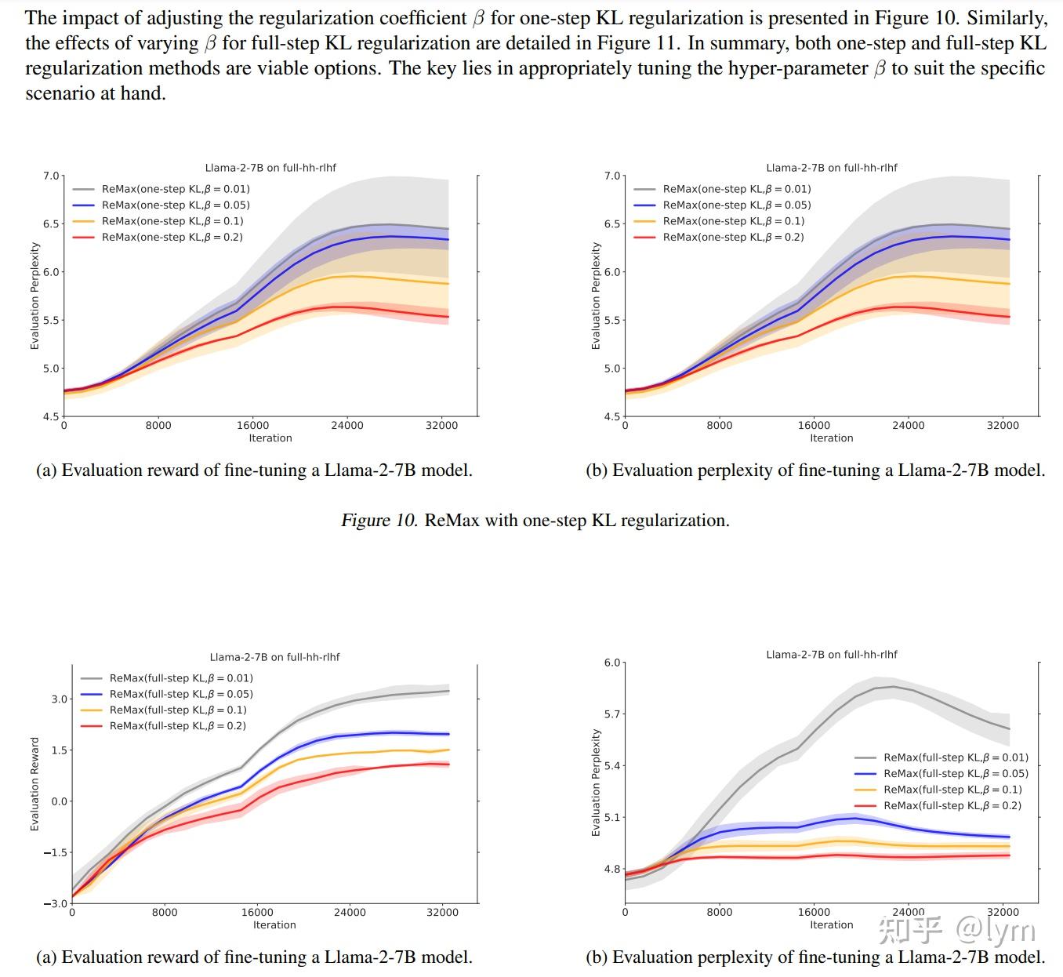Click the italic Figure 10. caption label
tap(379, 521)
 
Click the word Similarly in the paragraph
tap(1007, 17)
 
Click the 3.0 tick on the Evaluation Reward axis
tap(60, 699)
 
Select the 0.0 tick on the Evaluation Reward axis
tap(60, 801)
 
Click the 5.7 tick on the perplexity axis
tap(611, 714)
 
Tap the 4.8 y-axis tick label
tap(611, 869)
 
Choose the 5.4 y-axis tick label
tap(611, 765)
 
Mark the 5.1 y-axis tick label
tap(611, 817)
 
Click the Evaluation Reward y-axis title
tap(34, 784)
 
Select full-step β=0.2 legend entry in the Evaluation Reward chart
tap(177, 726)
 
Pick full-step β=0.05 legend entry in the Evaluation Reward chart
tap(180, 694)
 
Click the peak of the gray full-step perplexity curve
tap(892, 687)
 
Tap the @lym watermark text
tap(996, 930)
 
